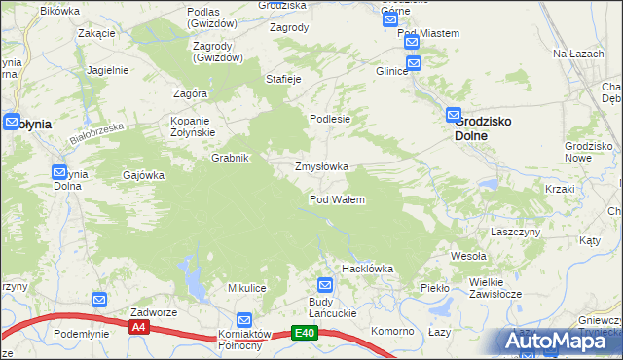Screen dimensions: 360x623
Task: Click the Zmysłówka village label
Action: click(x=321, y=166)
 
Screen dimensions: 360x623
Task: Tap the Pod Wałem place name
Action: click(x=337, y=199)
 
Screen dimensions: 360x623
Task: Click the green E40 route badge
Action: click(x=305, y=333)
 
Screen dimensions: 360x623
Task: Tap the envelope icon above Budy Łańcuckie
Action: click(x=325, y=285)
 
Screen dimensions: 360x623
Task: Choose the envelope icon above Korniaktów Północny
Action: click(x=244, y=319)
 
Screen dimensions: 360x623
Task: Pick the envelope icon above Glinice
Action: click(x=413, y=64)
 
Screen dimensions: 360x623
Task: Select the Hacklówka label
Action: click(x=366, y=268)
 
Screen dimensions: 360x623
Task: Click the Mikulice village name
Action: click(x=247, y=288)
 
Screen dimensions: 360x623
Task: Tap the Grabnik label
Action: click(x=232, y=158)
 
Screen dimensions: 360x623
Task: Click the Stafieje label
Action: click(x=282, y=78)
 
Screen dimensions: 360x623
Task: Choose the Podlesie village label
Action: click(x=329, y=119)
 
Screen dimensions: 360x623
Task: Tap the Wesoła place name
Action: click(x=467, y=256)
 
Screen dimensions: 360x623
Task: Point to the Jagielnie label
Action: click(x=107, y=70)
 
